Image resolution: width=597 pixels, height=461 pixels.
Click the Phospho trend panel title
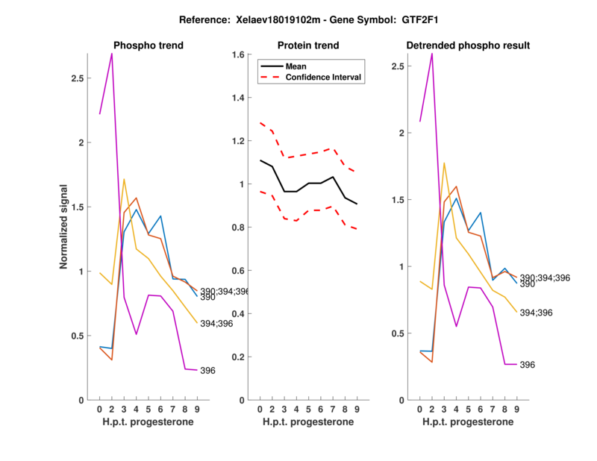148,46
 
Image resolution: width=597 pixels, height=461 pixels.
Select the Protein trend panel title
307,46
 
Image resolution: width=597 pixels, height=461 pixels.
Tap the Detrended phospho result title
468,46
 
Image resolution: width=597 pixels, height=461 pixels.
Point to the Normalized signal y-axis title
65,227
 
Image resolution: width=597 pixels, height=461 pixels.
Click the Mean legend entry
296,66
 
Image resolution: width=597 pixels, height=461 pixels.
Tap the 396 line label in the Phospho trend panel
207,371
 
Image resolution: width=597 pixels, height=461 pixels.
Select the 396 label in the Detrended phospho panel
528,365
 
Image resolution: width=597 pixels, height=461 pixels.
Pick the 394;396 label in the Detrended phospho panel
537,313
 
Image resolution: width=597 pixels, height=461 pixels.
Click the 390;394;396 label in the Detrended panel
546,277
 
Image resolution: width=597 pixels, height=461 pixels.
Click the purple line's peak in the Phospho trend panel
112,54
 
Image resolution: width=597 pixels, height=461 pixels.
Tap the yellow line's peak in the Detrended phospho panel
443,163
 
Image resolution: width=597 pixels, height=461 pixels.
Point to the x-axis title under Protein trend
307,422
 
